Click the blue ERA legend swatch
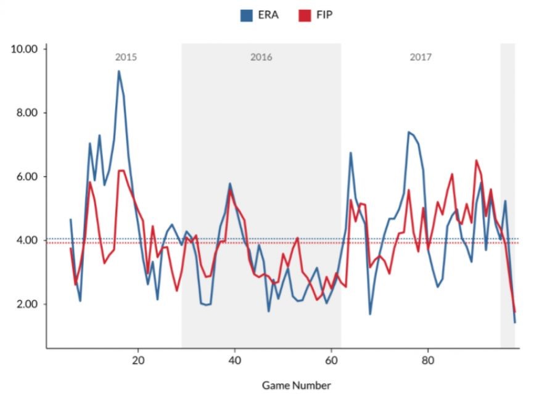click(246, 15)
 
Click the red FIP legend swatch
click(304, 15)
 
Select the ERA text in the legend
click(268, 15)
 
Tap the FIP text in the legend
click(324, 15)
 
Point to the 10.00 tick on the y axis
click(25, 49)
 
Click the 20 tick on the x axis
click(138, 359)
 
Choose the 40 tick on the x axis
click(234, 359)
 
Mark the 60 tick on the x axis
click(331, 359)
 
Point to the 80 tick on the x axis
click(427, 359)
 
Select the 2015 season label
click(126, 57)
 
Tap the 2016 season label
click(261, 57)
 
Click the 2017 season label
click(421, 57)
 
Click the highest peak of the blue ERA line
click(119, 71)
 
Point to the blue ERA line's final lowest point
click(514, 322)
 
